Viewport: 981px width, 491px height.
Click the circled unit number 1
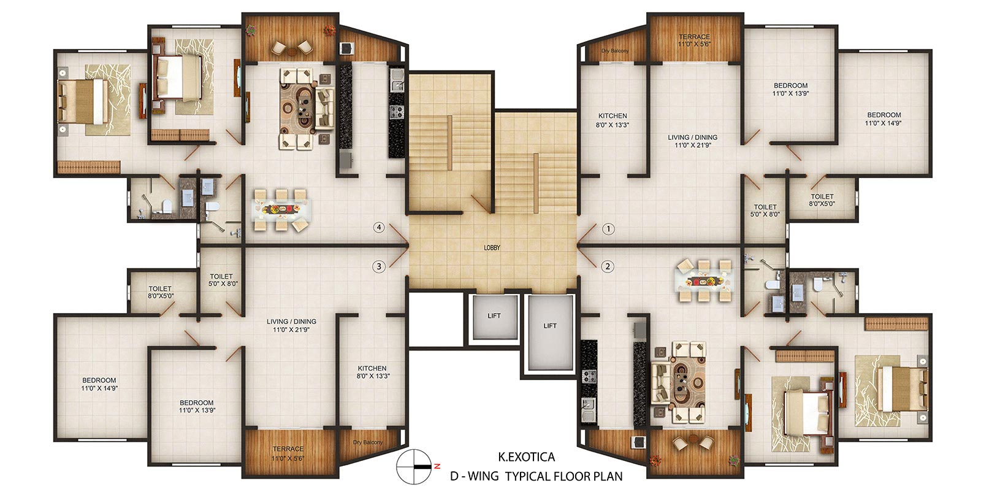coord(608,229)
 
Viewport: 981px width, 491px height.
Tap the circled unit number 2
coord(608,266)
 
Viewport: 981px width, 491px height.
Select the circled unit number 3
coord(379,266)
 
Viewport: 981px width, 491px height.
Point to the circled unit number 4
coord(379,228)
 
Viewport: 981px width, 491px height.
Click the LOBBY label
coord(492,248)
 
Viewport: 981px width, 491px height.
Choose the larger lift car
coord(550,332)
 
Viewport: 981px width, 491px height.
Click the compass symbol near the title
coord(414,466)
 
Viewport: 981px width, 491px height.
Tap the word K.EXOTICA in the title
coord(527,457)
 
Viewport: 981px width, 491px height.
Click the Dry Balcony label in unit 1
coord(615,51)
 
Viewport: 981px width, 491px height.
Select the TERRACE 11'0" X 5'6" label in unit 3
coord(288,454)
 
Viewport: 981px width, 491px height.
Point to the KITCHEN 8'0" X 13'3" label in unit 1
coord(613,120)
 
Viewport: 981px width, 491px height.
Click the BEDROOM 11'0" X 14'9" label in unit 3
coord(99,384)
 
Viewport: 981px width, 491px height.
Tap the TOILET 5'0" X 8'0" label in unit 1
coord(765,211)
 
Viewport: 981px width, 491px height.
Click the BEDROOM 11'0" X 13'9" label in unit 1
coord(790,89)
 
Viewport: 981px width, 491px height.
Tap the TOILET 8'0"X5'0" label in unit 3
coord(160,292)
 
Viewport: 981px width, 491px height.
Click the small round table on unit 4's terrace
coord(292,52)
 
